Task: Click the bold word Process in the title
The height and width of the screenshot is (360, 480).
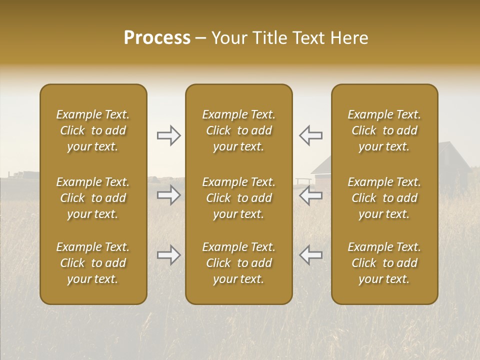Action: (157, 38)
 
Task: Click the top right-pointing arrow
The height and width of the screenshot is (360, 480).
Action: (168, 135)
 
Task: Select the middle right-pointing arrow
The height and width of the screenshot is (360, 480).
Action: (168, 195)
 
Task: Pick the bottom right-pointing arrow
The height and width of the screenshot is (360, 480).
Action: (168, 255)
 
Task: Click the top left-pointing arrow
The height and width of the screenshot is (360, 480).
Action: (310, 135)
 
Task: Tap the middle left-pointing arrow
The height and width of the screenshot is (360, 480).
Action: (310, 195)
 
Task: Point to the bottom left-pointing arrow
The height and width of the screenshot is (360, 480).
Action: (310, 255)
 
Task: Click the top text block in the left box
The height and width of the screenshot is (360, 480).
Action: (93, 130)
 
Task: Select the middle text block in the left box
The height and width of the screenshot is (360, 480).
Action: (93, 198)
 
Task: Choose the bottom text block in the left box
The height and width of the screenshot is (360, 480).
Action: (93, 263)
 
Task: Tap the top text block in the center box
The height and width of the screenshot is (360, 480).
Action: (238, 130)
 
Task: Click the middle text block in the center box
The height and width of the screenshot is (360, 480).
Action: (238, 198)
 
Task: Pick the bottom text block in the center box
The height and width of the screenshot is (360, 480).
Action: (238, 263)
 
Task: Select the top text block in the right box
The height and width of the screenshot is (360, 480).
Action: (384, 130)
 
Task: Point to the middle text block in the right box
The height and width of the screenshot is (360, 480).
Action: (384, 198)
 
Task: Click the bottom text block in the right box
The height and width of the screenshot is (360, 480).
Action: (384, 263)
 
